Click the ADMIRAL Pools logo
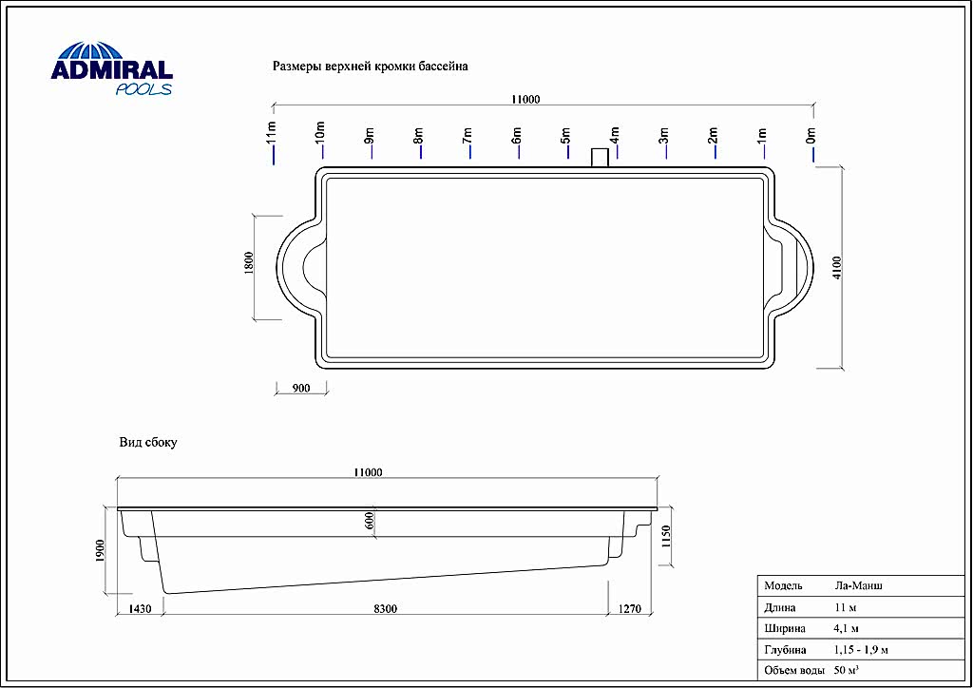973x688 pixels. pyautogui.click(x=112, y=68)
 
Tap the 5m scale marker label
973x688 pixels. pyautogui.click(x=565, y=135)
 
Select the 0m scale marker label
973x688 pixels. pyautogui.click(x=811, y=135)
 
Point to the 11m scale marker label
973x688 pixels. pyautogui.click(x=271, y=132)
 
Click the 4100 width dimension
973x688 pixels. pyautogui.click(x=837, y=268)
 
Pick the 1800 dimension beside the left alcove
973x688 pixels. pyautogui.click(x=249, y=263)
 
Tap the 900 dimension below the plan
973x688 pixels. pyautogui.click(x=301, y=389)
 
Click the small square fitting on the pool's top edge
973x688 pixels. pyautogui.click(x=600, y=158)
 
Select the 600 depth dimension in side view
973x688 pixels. pyautogui.click(x=371, y=521)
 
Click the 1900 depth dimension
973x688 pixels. pyautogui.click(x=101, y=551)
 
